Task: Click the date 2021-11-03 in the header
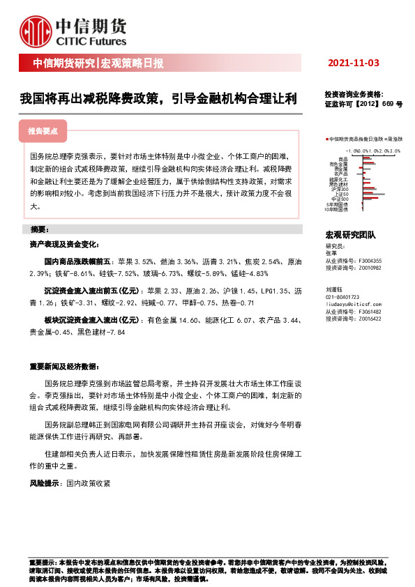click(352, 63)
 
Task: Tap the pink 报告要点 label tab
click(43, 130)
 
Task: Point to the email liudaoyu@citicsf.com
click(353, 305)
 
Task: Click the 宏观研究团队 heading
click(350, 236)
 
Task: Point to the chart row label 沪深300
click(340, 188)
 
